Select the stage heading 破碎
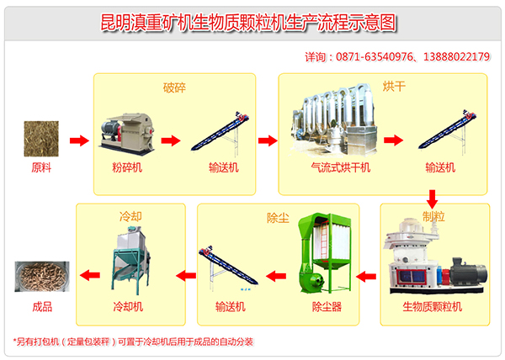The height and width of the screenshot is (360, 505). (x=174, y=86)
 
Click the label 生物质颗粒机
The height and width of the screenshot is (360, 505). (x=433, y=307)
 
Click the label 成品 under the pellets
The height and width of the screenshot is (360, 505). (x=40, y=307)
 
